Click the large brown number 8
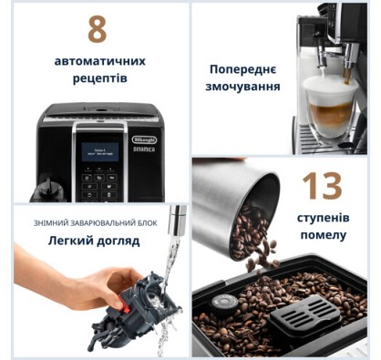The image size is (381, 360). [98, 29]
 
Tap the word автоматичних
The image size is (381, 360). [100, 61]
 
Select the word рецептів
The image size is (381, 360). [100, 78]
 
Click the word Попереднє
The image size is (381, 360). [242, 69]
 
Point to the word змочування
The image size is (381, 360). [242, 87]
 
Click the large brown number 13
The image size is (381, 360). [322, 186]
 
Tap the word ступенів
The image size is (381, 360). [323, 218]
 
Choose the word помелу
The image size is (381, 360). [324, 235]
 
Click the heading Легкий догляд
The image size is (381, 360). [94, 241]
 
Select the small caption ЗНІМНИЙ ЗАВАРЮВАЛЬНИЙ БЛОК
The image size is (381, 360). [95, 223]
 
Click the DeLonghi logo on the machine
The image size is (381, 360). [144, 139]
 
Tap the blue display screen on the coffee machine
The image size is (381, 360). [100, 151]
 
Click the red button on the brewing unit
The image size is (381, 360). [124, 305]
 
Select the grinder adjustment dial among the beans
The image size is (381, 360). [225, 303]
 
